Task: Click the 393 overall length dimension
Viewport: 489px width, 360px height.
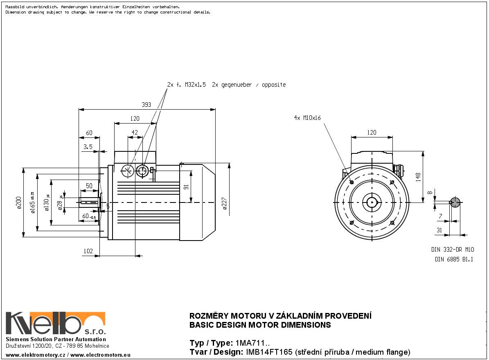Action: point(146,105)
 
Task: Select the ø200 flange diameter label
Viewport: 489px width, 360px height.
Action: point(18,202)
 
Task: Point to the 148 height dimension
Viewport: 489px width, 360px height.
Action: point(418,177)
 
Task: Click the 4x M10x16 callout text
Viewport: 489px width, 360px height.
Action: point(307,118)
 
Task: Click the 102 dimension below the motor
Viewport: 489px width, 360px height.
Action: point(88,251)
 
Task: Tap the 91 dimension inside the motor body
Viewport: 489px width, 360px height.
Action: point(186,187)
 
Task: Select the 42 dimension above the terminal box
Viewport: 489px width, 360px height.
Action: point(135,133)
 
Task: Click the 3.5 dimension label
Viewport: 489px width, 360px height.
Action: point(88,146)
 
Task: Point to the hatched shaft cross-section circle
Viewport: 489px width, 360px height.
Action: point(455,202)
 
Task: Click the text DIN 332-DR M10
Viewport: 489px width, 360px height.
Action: point(452,249)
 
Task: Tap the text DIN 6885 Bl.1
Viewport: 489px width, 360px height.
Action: point(454,259)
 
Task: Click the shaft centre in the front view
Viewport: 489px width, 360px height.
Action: point(372,202)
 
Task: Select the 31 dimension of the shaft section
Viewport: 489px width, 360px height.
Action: point(439,231)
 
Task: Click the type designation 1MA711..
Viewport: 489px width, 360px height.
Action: point(251,343)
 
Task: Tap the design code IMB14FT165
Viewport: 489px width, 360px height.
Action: point(269,352)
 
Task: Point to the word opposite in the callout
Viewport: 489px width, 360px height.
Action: point(273,85)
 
